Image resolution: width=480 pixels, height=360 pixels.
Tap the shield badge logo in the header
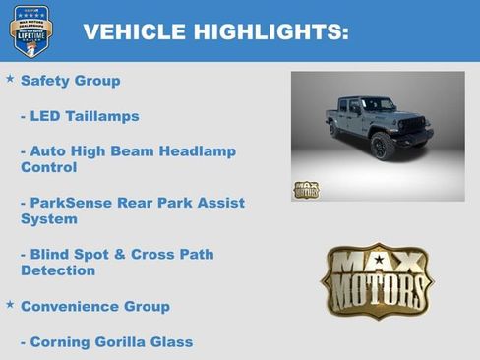[30, 30]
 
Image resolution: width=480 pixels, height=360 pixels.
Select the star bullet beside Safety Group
[10, 78]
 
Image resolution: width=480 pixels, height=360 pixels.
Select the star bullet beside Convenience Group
[10, 304]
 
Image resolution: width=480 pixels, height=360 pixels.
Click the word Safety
[45, 81]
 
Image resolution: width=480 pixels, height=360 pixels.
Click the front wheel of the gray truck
[384, 146]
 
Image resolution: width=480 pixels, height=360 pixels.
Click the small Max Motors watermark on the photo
[306, 189]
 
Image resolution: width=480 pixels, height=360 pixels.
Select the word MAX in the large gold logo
[377, 264]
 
